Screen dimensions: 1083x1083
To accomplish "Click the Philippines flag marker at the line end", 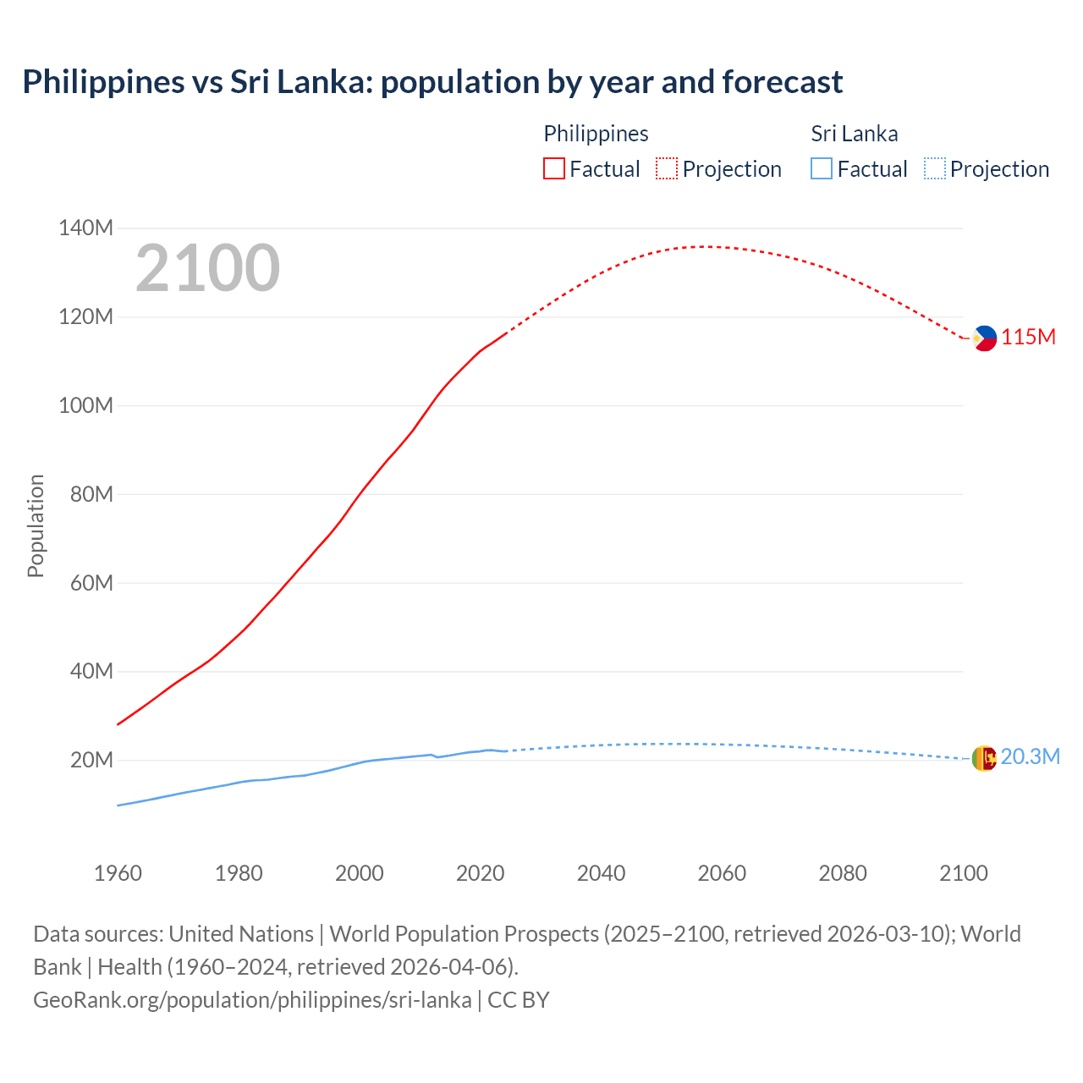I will click(x=984, y=338).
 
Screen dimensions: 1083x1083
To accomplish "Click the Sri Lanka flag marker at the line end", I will click(x=984, y=758).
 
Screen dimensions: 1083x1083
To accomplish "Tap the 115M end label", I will click(x=1029, y=337).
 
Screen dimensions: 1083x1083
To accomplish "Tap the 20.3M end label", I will click(x=1030, y=756).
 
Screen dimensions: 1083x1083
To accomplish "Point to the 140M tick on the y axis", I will click(x=85, y=228).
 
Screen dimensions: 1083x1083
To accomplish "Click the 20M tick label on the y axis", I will click(x=91, y=760).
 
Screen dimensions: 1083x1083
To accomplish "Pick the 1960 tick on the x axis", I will click(x=118, y=873).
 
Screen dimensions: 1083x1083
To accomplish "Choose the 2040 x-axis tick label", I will click(x=601, y=873).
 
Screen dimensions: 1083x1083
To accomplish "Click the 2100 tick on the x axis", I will click(x=963, y=873).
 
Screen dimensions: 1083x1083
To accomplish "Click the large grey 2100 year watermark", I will click(x=207, y=268).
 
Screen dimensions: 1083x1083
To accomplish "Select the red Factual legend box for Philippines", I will click(x=553, y=168).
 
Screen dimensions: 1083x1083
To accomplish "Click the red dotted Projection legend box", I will click(x=667, y=168).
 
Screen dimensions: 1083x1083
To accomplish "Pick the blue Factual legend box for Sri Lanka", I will click(x=822, y=168).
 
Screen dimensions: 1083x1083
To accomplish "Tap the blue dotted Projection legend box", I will click(x=934, y=168).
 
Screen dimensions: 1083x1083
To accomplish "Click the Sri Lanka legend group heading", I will click(x=854, y=134).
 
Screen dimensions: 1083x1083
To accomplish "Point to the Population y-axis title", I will click(x=36, y=525).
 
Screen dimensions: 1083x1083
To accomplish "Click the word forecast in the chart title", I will click(x=782, y=82).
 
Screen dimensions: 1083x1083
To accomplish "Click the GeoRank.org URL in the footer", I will click(x=252, y=1000).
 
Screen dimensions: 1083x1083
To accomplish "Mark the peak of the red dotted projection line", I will click(x=706, y=246).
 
